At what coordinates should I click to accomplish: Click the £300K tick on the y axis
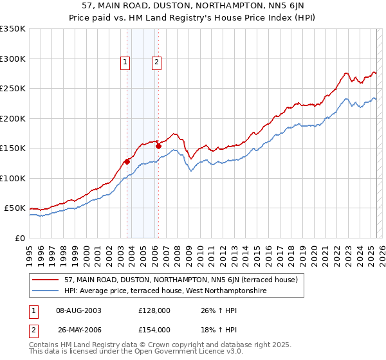[x=13, y=59]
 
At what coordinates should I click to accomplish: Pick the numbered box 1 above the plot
[x=125, y=62]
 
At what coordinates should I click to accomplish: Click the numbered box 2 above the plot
[x=156, y=62]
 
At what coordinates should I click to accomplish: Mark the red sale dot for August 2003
[x=127, y=161]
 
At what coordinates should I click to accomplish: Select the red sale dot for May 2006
[x=158, y=146]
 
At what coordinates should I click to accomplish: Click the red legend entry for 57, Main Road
[x=180, y=280]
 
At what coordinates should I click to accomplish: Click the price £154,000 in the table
[x=154, y=329]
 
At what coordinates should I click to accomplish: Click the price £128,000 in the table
[x=154, y=310]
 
